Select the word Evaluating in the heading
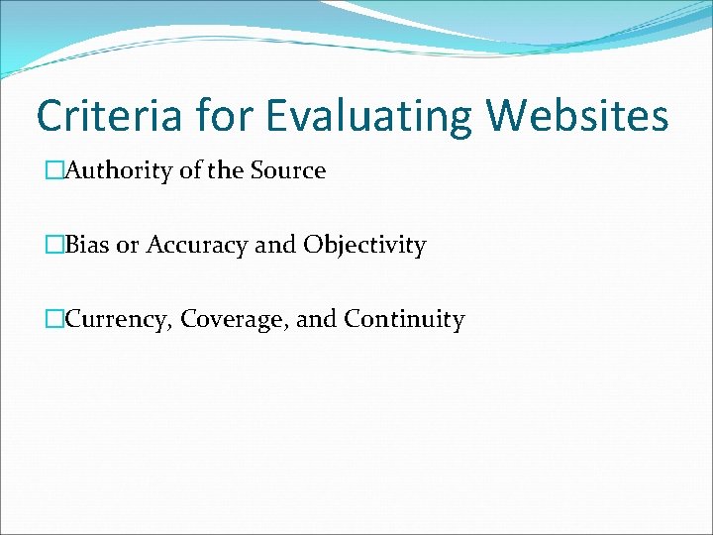[372, 116]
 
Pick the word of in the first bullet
[190, 170]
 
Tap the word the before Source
[225, 170]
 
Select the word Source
[287, 170]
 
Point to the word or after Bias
[128, 245]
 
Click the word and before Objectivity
[275, 245]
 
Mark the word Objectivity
[364, 245]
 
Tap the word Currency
[109, 319]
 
